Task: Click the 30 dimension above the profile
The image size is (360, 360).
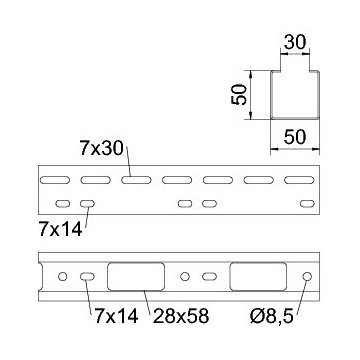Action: tap(295, 42)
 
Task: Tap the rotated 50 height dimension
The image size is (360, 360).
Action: tap(239, 95)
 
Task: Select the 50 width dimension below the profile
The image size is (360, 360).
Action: tap(295, 137)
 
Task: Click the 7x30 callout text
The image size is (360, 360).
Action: tap(101, 148)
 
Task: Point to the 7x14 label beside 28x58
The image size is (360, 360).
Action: tap(116, 316)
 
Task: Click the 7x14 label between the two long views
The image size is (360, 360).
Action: tap(60, 229)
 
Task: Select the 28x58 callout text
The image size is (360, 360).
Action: tap(181, 316)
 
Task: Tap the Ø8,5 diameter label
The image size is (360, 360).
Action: tap(272, 316)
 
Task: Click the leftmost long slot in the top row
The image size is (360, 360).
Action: tap(55, 180)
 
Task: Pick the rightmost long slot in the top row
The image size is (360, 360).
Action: tap(299, 180)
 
